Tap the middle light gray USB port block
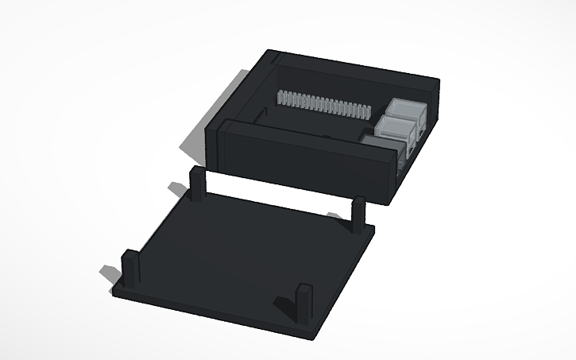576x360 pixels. [398, 126]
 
